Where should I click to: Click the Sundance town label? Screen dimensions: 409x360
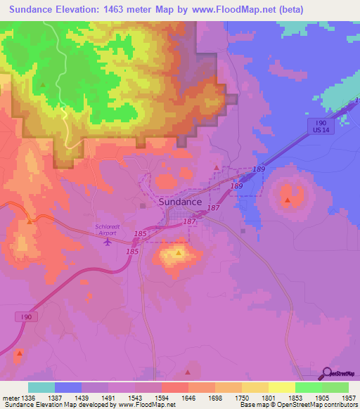coord(171,201)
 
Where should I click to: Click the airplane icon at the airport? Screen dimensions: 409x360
coord(107,242)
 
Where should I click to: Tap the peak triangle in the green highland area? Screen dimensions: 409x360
coord(43,84)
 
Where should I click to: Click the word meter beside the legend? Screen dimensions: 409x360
coord(11,398)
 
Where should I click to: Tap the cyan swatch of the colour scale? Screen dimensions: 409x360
coord(41,387)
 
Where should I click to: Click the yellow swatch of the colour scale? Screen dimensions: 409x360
coord(281,387)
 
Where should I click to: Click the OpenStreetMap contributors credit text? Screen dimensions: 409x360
coord(317,405)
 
